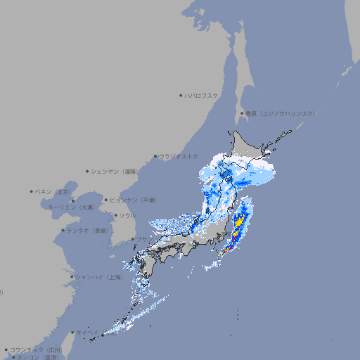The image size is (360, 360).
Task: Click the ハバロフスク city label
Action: pos(202,96)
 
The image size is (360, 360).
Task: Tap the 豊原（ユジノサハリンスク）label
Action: pos(281,113)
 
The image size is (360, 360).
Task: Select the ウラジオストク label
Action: pos(179,157)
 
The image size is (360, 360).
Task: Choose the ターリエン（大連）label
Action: pos(70,207)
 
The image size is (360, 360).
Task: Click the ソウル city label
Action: pos(127,216)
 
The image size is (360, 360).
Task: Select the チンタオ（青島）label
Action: pos(87,231)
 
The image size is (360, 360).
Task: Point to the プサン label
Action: pos(143,240)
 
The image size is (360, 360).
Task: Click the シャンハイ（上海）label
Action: pos(98,278)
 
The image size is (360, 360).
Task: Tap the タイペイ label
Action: pos(87,333)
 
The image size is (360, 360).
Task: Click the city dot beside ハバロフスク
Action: pos(181,96)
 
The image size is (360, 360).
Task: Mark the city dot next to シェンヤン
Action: pos(88,171)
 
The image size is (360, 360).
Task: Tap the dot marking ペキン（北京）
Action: pos(32,191)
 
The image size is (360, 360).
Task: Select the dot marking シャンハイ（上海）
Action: pos(72,277)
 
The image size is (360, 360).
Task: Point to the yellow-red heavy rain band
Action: pos(237,229)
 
